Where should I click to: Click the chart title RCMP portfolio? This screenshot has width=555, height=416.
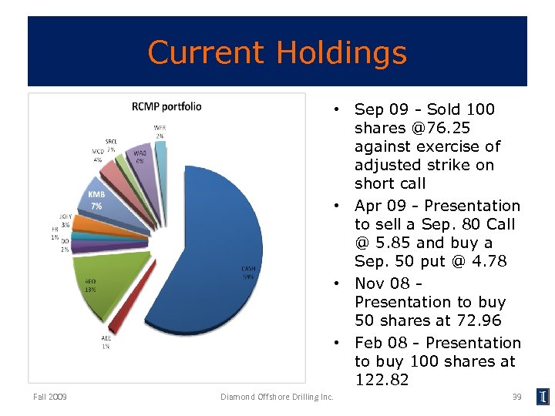click(x=166, y=106)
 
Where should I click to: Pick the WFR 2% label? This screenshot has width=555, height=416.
click(x=160, y=131)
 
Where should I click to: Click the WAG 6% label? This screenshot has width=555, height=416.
click(x=140, y=157)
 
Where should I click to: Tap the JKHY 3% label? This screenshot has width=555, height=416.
click(x=65, y=220)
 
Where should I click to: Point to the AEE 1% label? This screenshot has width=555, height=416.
click(x=105, y=343)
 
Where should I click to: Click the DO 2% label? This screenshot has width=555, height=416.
click(x=65, y=245)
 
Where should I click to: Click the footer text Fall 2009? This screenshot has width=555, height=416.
click(x=50, y=397)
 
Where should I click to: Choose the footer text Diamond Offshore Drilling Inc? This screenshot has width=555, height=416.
click(x=277, y=397)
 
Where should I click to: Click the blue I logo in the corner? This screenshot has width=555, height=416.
click(x=544, y=397)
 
